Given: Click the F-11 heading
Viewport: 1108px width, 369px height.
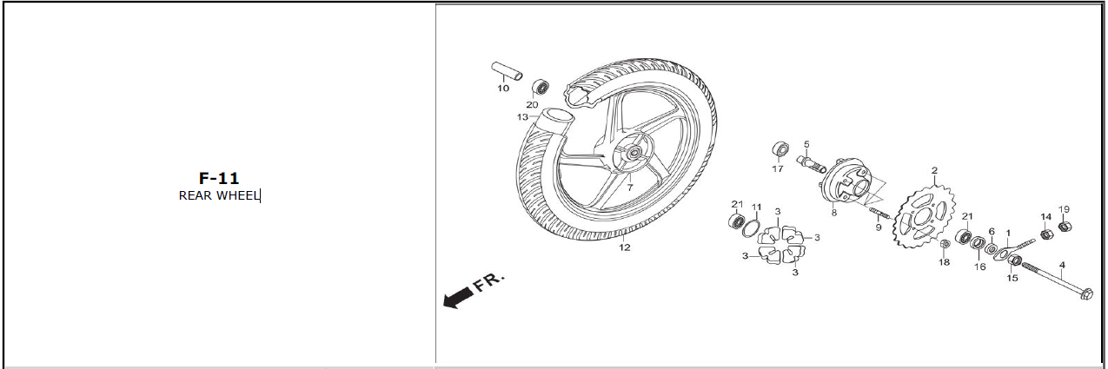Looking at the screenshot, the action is pos(219,178).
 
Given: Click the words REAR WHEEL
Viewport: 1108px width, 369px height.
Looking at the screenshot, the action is pos(219,195).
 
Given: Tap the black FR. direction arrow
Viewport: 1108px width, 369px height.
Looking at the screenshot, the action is pos(457,298).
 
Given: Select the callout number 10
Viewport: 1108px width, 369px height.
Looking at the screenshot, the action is pos(503,89).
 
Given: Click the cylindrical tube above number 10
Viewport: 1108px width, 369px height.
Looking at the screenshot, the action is pos(507,70).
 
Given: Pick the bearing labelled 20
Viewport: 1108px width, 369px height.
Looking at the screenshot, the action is pos(541,88).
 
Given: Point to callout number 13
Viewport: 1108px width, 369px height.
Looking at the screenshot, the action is pos(522,117).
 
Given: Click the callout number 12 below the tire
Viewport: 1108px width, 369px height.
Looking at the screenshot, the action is pos(625,247).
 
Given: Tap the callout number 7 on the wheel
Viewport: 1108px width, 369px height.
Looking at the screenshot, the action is pos(630,188).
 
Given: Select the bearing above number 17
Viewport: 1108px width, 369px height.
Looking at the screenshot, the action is pos(780,149).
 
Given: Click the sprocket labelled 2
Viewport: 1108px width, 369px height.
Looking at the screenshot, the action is pos(924,217).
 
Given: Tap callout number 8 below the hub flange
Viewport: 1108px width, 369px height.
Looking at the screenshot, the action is pos(834,213).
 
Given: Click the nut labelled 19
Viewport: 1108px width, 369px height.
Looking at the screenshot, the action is pos(1065,227).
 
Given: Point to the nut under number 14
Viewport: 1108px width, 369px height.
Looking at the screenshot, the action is pos(1045,234).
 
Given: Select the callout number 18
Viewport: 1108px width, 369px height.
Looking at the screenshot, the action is pos(945,262).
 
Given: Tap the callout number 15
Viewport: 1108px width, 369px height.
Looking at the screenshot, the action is pos(1012,278).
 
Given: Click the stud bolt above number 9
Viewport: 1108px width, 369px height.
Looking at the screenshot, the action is pos(879,213).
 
